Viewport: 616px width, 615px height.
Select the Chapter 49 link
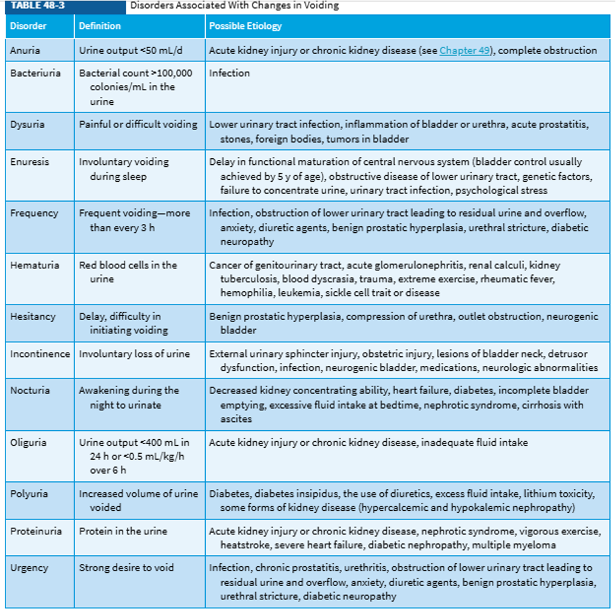coord(464,51)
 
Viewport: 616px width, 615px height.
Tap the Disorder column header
coord(28,26)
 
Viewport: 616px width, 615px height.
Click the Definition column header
coord(100,26)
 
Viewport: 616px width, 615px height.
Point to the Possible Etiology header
coord(245,26)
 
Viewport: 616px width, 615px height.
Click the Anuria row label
coord(25,51)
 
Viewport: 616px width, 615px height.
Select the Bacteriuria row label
coord(35,73)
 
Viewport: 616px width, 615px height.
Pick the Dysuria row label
coord(27,125)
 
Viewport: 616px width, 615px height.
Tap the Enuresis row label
coord(29,162)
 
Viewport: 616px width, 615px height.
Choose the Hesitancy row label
coord(32,317)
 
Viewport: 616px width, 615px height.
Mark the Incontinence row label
coord(40,354)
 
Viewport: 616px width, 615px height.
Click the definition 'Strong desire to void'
coord(126,568)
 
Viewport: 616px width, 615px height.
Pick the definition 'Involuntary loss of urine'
coord(134,354)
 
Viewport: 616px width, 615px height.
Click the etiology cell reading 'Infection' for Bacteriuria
coord(229,73)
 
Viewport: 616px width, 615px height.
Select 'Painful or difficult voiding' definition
coord(138,125)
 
